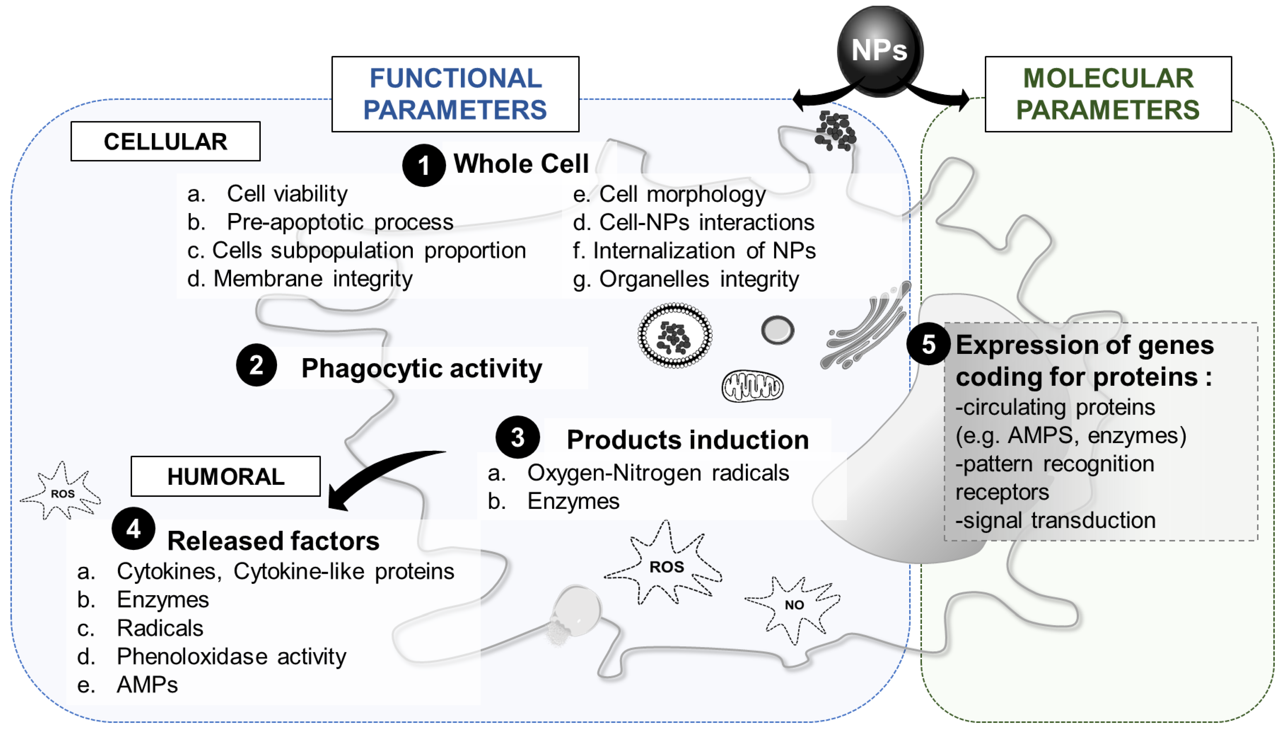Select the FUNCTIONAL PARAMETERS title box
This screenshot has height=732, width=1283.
tap(455, 94)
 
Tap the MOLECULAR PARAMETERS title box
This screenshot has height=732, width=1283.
tap(1108, 94)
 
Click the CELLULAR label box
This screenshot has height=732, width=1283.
tap(165, 141)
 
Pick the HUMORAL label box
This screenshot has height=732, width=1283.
tap(226, 476)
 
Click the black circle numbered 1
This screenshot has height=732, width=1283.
tap(423, 165)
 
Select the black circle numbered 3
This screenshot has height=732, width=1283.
tap(518, 437)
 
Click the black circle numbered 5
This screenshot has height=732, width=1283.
tap(928, 344)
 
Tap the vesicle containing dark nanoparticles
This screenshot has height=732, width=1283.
tap(675, 335)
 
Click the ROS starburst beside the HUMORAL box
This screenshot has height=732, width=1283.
tap(62, 493)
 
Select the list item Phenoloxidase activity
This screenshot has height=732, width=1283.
tap(231, 656)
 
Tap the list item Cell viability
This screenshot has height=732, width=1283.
tap(287, 194)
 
